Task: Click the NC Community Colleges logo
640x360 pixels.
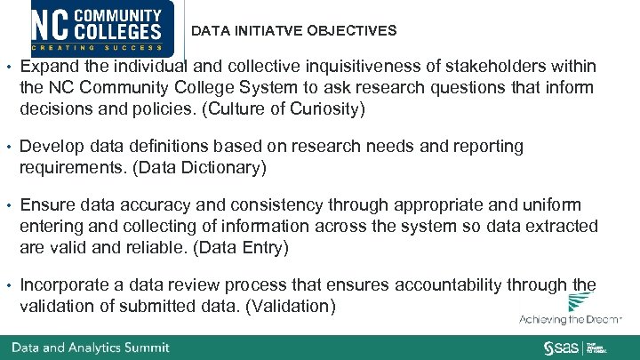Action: [x=99, y=28]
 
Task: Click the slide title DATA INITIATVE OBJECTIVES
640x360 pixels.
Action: [x=294, y=31]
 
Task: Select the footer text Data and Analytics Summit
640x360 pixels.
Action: [x=90, y=348]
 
